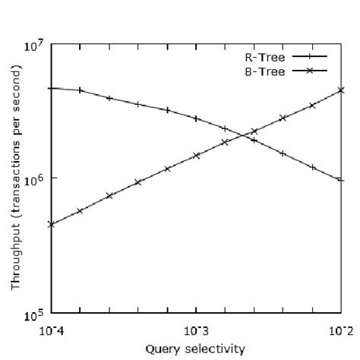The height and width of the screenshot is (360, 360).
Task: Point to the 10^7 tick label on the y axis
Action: pyautogui.click(x=37, y=46)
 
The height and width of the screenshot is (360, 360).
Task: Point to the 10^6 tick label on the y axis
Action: pyautogui.click(x=37, y=180)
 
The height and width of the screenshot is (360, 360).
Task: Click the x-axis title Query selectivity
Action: pyautogui.click(x=196, y=349)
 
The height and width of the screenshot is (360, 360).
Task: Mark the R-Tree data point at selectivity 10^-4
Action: pyautogui.click(x=51, y=88)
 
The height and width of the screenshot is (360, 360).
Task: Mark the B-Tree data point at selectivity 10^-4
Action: pyautogui.click(x=51, y=224)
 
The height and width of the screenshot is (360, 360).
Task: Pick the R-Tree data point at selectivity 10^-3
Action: pyautogui.click(x=196, y=118)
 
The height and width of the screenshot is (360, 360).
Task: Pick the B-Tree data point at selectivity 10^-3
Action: pyautogui.click(x=196, y=155)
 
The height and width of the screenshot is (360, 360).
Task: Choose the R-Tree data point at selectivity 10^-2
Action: pyautogui.click(x=341, y=180)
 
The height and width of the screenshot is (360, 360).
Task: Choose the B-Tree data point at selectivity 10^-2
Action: pyautogui.click(x=341, y=90)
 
